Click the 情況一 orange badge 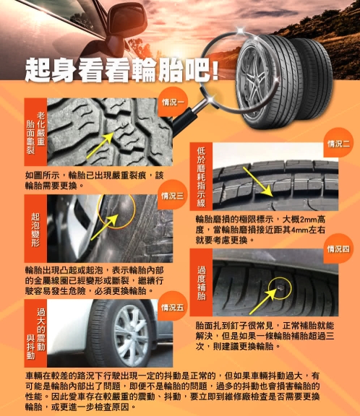click(x=173, y=102)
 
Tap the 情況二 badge click(x=338, y=144)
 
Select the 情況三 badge click(x=173, y=196)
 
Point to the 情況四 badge click(x=338, y=248)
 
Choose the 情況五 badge click(x=173, y=307)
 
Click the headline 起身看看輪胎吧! click(x=122, y=70)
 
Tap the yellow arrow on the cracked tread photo click(x=100, y=145)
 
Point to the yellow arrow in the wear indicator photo click(x=258, y=182)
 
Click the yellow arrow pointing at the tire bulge click(x=105, y=227)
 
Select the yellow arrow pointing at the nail click(x=263, y=301)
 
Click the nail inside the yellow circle click(x=280, y=287)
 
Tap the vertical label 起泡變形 click(x=35, y=229)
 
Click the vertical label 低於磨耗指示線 click(x=201, y=177)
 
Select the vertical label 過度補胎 click(x=201, y=283)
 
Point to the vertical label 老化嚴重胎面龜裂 click(x=35, y=133)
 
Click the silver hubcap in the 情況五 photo click(x=132, y=335)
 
